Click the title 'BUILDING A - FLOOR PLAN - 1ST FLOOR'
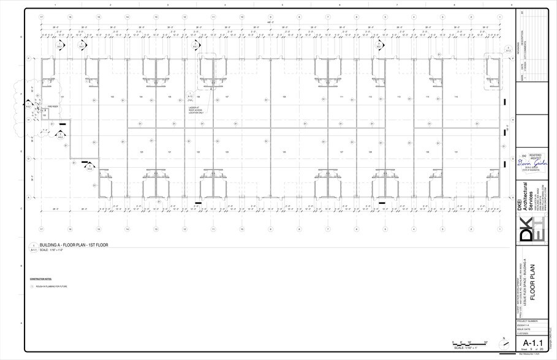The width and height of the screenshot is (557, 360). coord(74,245)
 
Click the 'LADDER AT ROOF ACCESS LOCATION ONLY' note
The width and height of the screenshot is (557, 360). coord(196,110)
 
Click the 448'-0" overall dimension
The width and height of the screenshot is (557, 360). coord(270,22)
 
